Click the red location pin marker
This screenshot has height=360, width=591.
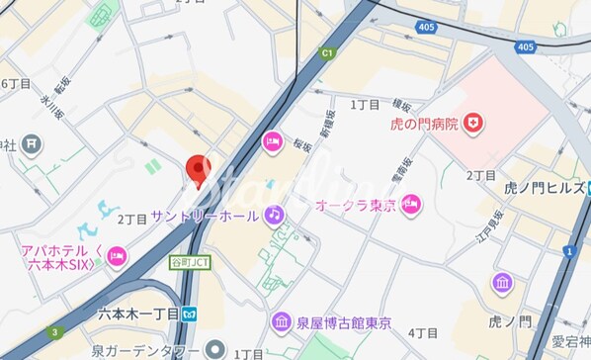click(x=200, y=171)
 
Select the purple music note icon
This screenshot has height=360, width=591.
click(x=274, y=214)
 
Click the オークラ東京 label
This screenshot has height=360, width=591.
click(x=356, y=205)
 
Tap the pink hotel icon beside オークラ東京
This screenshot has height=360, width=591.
click(x=411, y=204)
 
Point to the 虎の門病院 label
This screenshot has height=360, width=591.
click(x=422, y=124)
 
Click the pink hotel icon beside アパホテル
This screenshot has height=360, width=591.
click(x=116, y=257)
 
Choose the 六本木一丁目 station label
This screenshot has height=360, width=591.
click(x=138, y=314)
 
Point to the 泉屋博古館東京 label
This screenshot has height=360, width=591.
click(x=345, y=322)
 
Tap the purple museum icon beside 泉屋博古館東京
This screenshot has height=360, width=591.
click(x=282, y=322)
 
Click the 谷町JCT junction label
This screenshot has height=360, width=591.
click(x=190, y=263)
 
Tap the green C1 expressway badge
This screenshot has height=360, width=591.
click(x=327, y=54)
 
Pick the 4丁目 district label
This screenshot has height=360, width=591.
click(x=422, y=332)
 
